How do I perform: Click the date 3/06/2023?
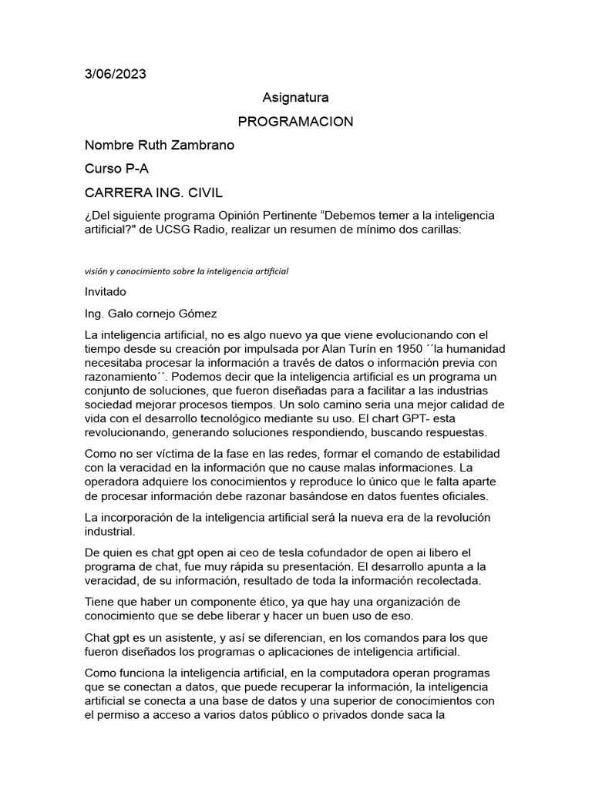pyautogui.click(x=115, y=74)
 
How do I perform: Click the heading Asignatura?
pyautogui.click(x=295, y=98)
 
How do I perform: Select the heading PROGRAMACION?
pyautogui.click(x=295, y=122)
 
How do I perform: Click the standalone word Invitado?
pyautogui.click(x=106, y=292)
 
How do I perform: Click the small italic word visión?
pyautogui.click(x=96, y=271)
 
